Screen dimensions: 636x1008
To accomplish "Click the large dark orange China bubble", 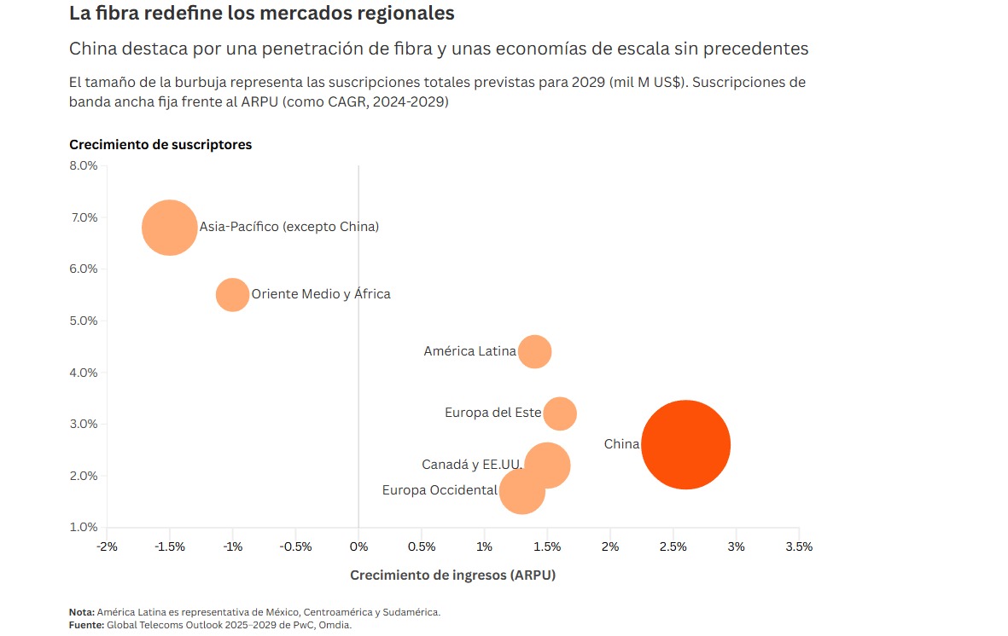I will click(x=685, y=444).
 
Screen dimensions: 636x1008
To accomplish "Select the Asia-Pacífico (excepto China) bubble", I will click(x=170, y=228).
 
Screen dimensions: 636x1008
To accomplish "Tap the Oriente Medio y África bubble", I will click(x=232, y=294).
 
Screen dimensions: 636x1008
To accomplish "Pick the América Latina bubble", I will click(x=535, y=351).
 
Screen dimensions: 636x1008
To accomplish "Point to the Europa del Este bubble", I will click(x=560, y=413).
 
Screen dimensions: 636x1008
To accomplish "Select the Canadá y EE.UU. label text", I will click(x=472, y=465).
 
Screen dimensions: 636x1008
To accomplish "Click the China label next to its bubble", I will click(x=621, y=444).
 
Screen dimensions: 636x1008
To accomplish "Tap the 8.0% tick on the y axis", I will click(x=84, y=165).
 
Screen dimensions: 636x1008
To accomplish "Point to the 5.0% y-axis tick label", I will click(x=84, y=321).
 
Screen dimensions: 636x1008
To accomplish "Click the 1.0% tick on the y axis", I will click(x=84, y=527).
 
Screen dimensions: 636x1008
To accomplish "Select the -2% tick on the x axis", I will click(x=107, y=546).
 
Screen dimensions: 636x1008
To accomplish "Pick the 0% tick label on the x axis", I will click(x=358, y=546).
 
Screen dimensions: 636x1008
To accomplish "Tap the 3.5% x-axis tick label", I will click(x=799, y=546).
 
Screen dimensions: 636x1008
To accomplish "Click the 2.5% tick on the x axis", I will click(x=673, y=546).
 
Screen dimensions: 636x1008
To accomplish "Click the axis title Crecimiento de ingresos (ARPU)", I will click(x=452, y=575).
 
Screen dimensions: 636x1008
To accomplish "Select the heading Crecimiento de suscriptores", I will click(x=160, y=145).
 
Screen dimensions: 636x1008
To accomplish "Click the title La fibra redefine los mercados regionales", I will click(x=261, y=14).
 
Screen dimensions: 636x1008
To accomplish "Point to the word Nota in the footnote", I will click(x=82, y=612).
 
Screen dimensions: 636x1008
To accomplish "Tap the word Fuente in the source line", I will click(x=85, y=625).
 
